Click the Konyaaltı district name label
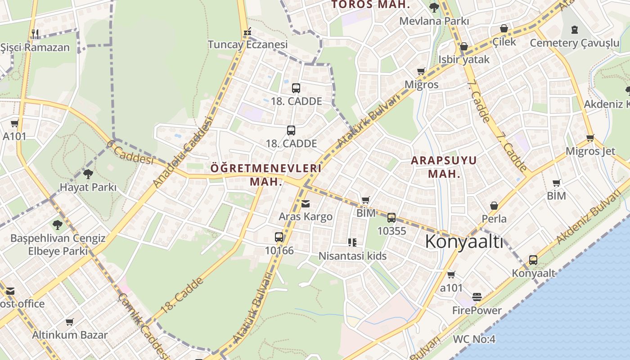coord(464,242)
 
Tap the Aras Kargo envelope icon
coord(306,204)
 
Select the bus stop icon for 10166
coord(279,237)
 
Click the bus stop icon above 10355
coord(391,218)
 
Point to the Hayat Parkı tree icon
coord(88,174)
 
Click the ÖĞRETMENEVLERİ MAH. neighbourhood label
coord(266,175)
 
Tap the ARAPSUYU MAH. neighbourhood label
coord(444,167)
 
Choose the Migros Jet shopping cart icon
coord(590,138)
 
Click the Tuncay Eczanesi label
coord(247,45)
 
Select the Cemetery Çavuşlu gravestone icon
coord(574,30)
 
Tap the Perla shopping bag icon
coord(494,206)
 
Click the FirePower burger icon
coord(477,297)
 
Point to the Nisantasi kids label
coord(352,256)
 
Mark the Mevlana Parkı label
coord(434,21)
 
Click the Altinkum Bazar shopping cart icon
coord(70,322)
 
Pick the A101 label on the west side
coord(14,136)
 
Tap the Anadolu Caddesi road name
coord(182,152)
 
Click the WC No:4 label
coord(474,339)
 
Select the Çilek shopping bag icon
coord(504,29)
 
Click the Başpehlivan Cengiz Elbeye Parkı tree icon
coord(57,225)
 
